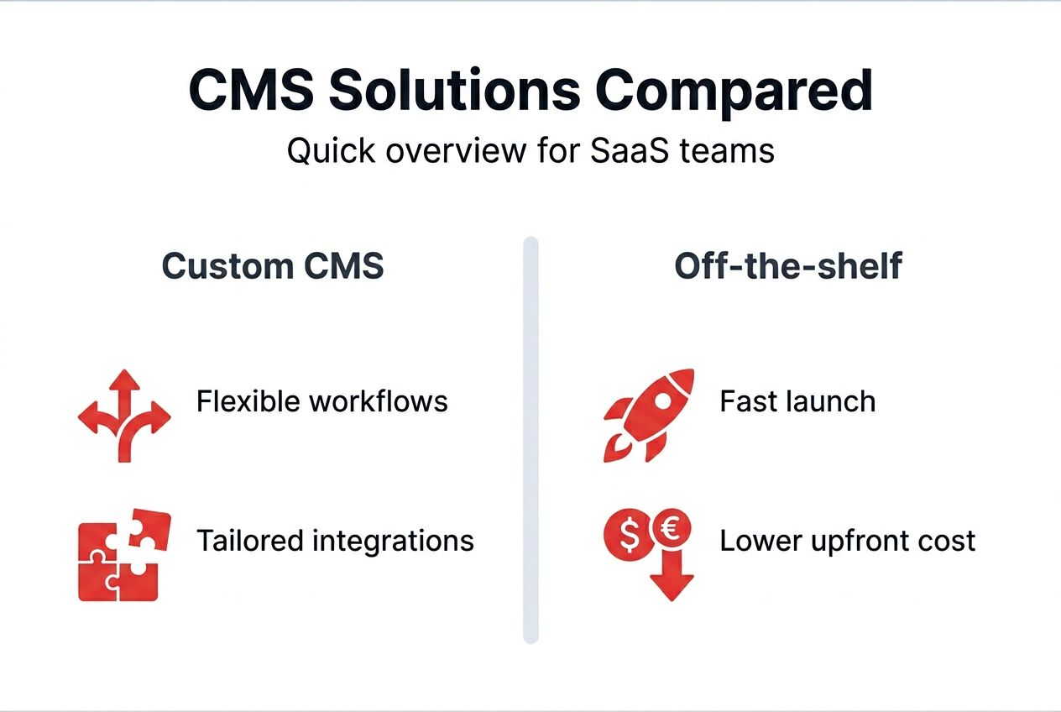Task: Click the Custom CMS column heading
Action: tap(273, 266)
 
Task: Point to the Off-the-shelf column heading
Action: tap(788, 266)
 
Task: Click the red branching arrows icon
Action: tap(124, 415)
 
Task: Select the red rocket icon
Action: tap(647, 415)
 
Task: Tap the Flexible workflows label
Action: tap(321, 401)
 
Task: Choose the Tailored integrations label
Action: tap(335, 540)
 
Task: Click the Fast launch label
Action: tap(797, 401)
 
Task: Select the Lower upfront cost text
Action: tap(847, 541)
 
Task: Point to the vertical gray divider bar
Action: tap(530, 440)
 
